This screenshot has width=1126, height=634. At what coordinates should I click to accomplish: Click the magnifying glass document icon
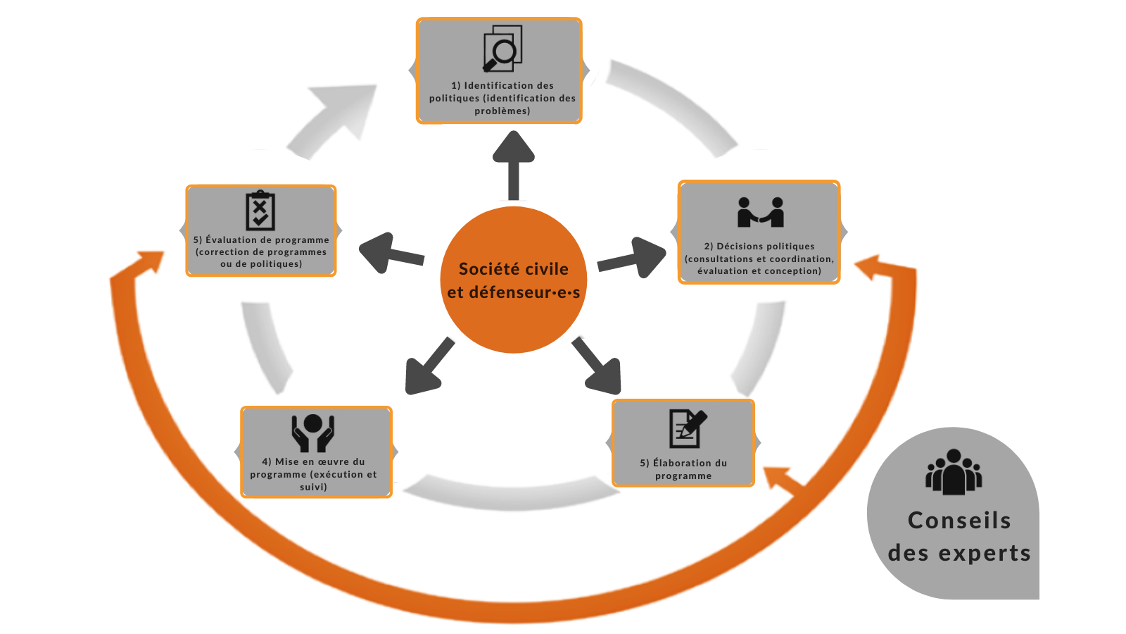coord(502,49)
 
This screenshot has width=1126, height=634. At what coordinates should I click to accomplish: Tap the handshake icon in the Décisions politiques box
coord(760,212)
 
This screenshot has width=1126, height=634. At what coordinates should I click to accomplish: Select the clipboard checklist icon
coord(260,211)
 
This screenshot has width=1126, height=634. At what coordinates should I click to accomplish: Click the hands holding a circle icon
coord(312,433)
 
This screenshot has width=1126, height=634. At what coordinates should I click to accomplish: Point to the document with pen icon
coord(688,429)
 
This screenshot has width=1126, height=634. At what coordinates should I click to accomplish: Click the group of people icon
coord(954,471)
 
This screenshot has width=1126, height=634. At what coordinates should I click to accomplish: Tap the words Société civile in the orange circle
coord(513,268)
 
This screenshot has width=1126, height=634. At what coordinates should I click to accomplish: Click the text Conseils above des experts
coord(959,521)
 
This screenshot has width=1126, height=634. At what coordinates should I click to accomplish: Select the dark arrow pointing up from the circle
coord(513,166)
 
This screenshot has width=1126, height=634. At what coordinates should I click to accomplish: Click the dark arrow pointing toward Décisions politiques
coord(631,257)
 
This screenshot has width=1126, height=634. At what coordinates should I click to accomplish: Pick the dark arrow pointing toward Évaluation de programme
coord(391,253)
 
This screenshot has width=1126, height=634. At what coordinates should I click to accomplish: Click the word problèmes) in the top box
coord(502,111)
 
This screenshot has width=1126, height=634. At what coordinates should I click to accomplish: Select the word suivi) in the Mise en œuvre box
coord(313,487)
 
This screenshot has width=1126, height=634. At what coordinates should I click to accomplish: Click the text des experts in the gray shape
coord(959,552)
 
